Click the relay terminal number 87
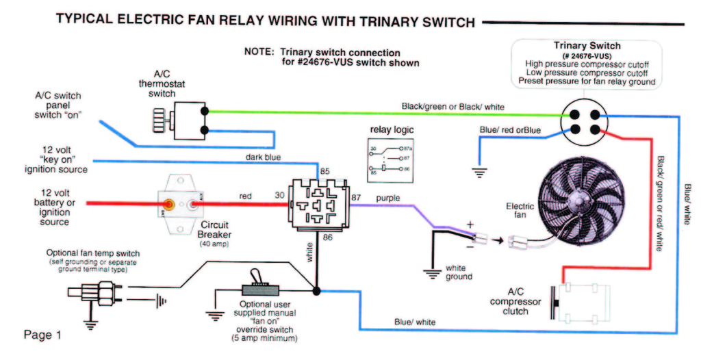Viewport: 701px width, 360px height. point(356,198)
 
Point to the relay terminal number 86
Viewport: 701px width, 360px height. point(328,237)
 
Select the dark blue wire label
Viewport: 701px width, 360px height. point(264,157)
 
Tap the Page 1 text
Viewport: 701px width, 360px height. point(42,335)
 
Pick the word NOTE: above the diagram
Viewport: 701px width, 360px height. point(259,52)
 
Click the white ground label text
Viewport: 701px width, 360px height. point(459,272)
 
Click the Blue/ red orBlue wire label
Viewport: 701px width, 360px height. point(509,129)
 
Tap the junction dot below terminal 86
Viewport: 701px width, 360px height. point(316,291)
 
